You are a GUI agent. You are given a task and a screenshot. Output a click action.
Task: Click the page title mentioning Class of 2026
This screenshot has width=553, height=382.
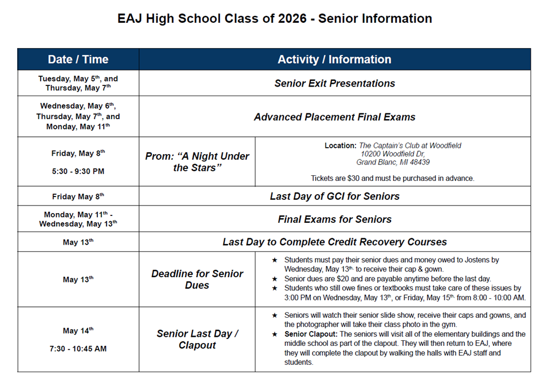[x=275, y=18]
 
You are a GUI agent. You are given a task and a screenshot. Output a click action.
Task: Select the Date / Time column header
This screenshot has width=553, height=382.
[x=78, y=60]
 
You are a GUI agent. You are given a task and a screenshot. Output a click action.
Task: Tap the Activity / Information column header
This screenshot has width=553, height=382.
[x=334, y=60]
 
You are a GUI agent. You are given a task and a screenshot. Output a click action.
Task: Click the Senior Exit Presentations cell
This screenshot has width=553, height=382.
[x=334, y=84]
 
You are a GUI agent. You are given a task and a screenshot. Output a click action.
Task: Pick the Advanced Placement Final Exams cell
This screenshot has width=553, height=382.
[x=334, y=117]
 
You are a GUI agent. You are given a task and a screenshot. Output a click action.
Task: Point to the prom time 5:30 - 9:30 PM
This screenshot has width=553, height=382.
[x=78, y=171]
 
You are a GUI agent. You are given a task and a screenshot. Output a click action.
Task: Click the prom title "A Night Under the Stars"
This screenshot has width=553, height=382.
[x=197, y=162]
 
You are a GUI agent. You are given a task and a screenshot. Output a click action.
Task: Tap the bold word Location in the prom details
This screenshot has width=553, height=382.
[x=340, y=146]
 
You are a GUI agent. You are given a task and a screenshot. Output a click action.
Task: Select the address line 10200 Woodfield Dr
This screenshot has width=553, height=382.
[x=393, y=154]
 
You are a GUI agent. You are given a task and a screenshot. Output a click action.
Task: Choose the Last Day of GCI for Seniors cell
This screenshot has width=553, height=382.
[x=334, y=196]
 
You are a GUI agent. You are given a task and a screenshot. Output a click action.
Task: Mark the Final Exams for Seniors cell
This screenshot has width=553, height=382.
[x=334, y=219]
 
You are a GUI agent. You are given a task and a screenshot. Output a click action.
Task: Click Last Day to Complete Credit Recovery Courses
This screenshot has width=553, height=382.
[x=334, y=242]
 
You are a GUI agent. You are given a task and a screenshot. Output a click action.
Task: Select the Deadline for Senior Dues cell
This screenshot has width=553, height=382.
[x=197, y=279]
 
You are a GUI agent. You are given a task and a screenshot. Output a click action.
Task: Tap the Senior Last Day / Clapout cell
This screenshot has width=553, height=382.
[x=197, y=340]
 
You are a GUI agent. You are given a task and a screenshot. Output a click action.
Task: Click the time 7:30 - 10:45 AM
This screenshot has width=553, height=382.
[x=78, y=349]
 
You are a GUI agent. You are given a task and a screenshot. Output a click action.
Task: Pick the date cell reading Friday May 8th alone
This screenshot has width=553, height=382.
[x=78, y=196]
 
